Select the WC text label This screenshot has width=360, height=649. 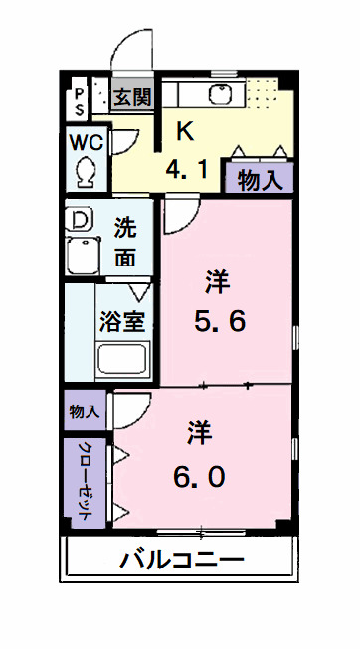pos(86,140)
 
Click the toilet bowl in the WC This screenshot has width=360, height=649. pos(86,170)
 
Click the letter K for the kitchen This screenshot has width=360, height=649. pos(184,130)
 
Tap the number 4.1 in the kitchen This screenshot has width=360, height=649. pos(188,171)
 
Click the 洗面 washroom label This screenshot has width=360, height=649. pos(126,241)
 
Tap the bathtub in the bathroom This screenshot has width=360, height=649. pos(121,359)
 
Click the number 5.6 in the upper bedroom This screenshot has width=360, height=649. pos(218,320)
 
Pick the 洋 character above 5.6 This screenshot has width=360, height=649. pos(217,281)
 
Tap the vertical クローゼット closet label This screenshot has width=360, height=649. pos(85,483)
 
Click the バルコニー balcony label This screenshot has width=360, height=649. pos(182,559)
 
